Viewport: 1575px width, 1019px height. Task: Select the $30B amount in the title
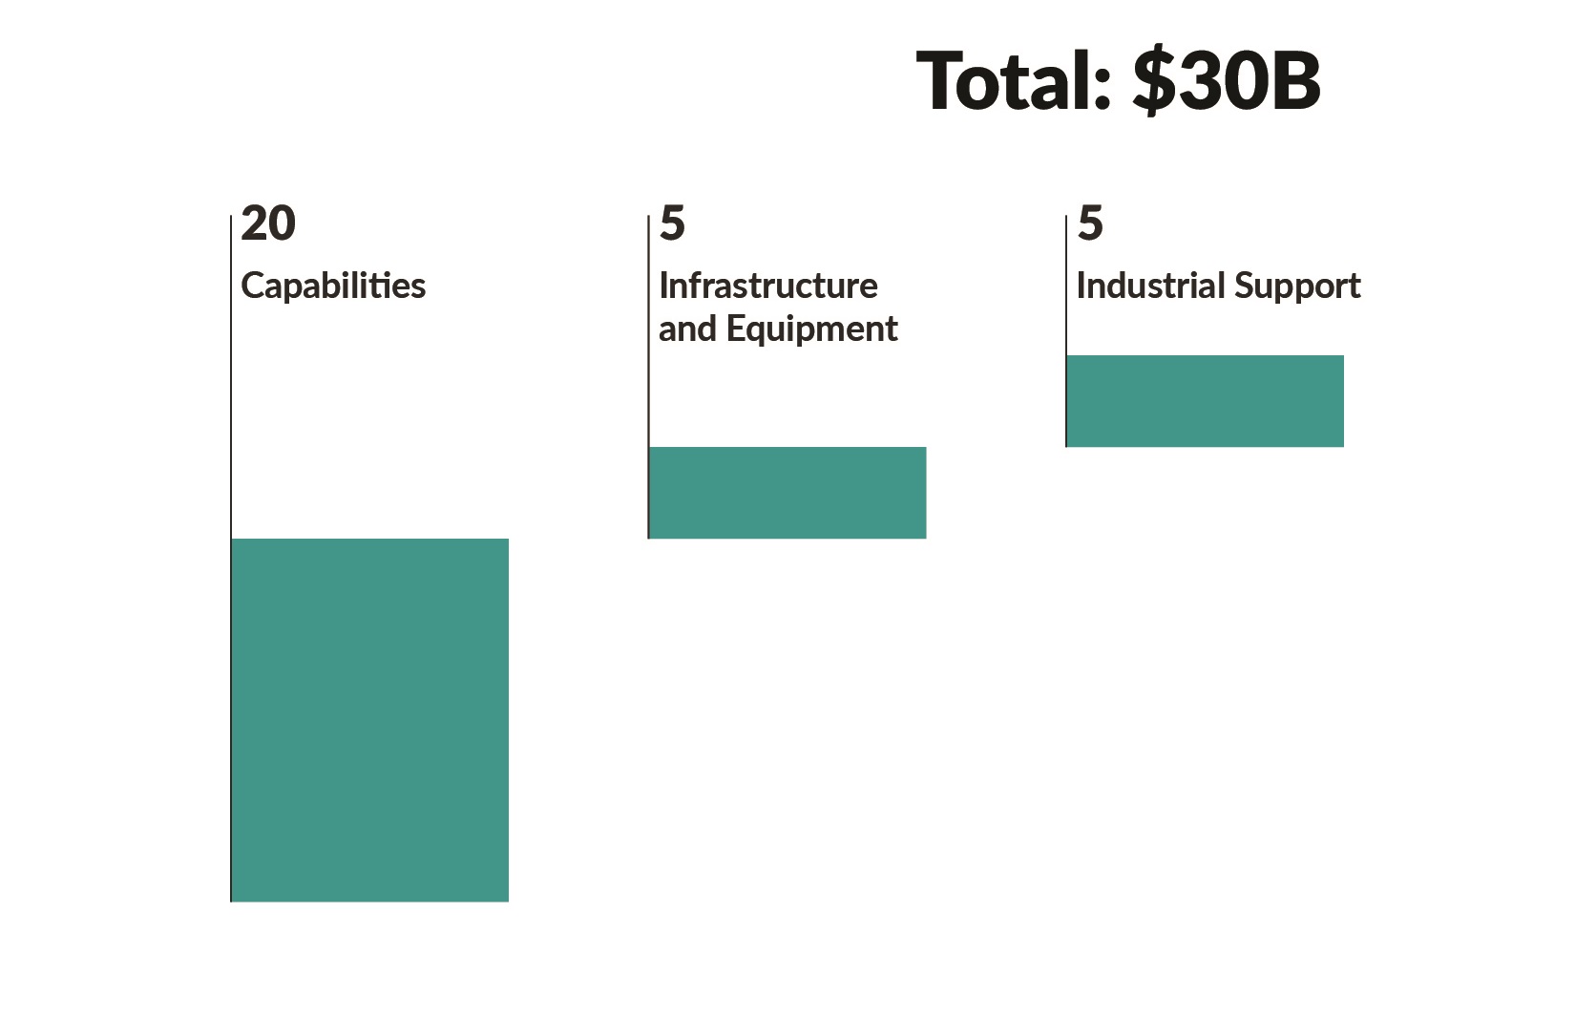(1227, 81)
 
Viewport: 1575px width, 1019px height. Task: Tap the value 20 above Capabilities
(268, 223)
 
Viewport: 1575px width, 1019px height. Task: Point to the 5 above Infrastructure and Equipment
(672, 223)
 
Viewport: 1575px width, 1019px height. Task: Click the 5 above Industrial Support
(1090, 223)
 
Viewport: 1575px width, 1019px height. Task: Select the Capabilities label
(333, 286)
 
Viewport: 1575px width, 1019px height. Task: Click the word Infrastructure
(768, 286)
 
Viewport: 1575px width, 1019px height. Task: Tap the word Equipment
(811, 329)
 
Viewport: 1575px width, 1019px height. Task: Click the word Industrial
(1149, 286)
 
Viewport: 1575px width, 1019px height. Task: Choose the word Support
(1297, 287)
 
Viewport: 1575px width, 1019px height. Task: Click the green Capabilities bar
(370, 719)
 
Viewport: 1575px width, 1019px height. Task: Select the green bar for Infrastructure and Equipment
(787, 493)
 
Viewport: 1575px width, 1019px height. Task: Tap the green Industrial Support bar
(1205, 401)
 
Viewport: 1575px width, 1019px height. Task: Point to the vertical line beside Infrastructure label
(648, 382)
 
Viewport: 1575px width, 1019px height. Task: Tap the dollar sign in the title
(1155, 81)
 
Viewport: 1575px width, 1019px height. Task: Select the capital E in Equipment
(736, 329)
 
